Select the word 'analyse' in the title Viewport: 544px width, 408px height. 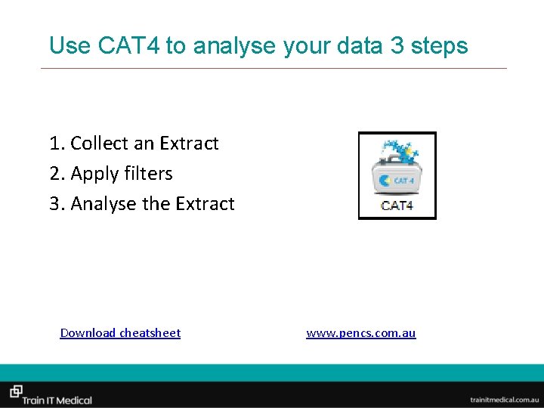click(x=234, y=46)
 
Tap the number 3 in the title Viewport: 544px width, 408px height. click(x=397, y=46)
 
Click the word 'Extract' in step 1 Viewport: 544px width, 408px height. click(x=189, y=144)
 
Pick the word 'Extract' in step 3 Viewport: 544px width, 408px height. click(x=205, y=204)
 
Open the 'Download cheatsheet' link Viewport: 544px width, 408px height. click(x=120, y=333)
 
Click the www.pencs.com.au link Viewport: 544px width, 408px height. click(x=360, y=333)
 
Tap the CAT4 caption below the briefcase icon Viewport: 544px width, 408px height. click(x=397, y=206)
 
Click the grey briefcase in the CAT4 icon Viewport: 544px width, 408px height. click(x=396, y=178)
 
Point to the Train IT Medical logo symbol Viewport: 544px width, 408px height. click(x=15, y=391)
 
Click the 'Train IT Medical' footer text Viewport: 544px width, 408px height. click(x=57, y=400)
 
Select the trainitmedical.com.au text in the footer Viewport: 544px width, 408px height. click(x=502, y=399)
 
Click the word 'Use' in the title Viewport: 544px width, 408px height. click(x=70, y=46)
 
